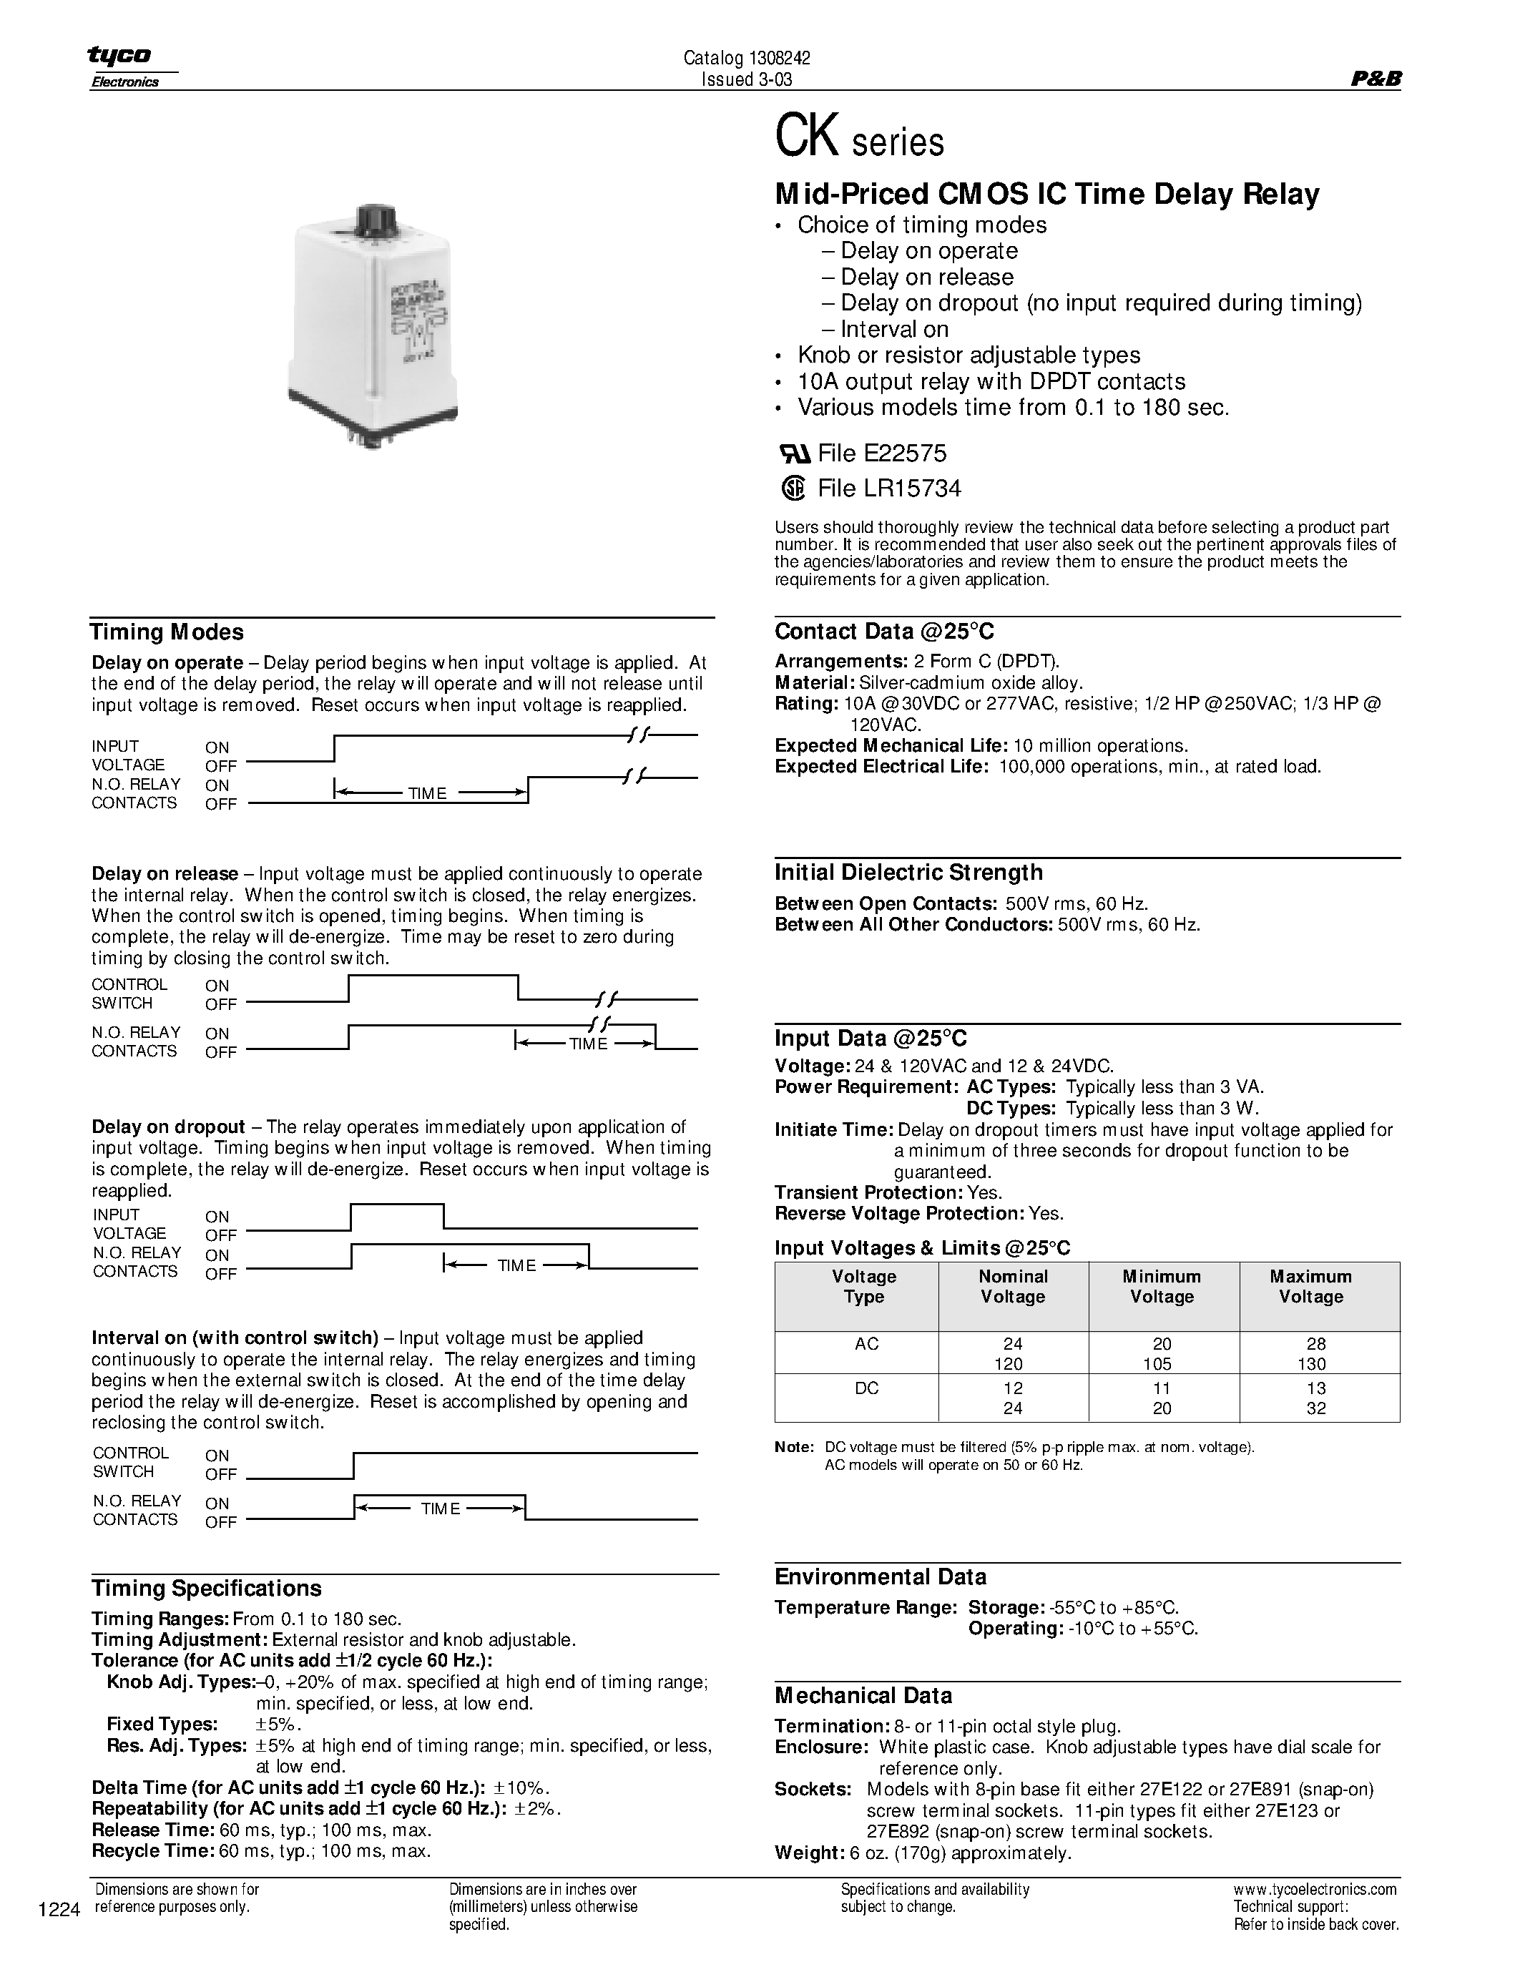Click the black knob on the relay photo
tap(372, 220)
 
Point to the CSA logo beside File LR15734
tap(793, 488)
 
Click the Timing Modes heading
tap(167, 632)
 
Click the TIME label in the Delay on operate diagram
tap(427, 793)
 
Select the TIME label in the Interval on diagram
tap(441, 1509)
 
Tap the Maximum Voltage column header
tap(1310, 1286)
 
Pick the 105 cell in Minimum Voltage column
tap(1162, 1363)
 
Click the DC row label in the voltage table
tap(866, 1388)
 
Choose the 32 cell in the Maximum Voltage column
tap(1315, 1408)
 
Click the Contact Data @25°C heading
tap(884, 632)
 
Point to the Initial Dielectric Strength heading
tap(908, 872)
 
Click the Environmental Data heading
tap(880, 1576)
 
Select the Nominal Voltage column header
tap(1012, 1286)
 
